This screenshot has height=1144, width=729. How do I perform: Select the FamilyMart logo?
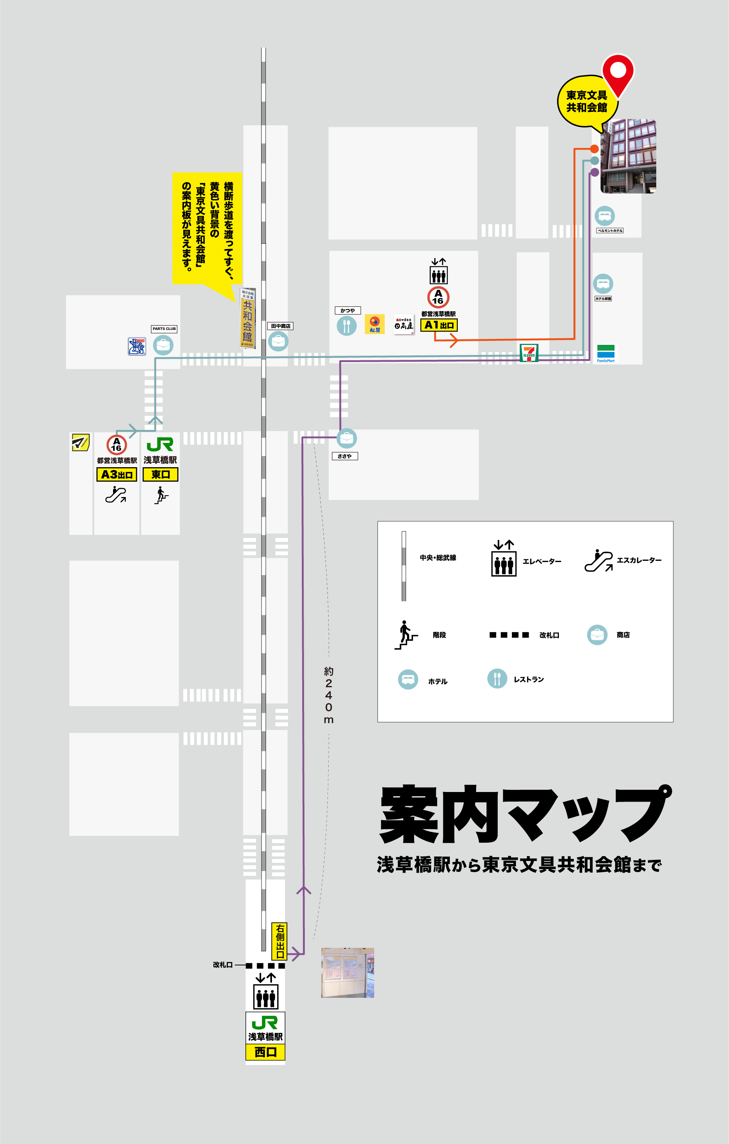pos(606,353)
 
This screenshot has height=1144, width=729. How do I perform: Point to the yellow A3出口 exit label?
pos(116,475)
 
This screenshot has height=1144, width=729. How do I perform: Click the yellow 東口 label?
pos(161,475)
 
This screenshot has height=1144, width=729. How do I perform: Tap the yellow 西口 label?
pos(265,1052)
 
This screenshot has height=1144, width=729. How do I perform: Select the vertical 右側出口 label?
pos(279,941)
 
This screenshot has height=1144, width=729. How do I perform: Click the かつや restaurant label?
pos(347,310)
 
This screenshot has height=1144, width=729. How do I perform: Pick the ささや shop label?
pos(345,456)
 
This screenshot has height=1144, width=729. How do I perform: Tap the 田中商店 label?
pos(281,326)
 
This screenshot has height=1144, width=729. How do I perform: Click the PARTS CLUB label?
pos(164,329)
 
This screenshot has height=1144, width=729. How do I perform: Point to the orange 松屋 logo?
pos(375,324)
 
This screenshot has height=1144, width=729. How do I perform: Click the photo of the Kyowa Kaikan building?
pos(628,156)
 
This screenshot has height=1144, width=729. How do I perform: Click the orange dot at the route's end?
pos(594,149)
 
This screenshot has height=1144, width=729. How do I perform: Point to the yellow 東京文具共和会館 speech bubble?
pos(586,101)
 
